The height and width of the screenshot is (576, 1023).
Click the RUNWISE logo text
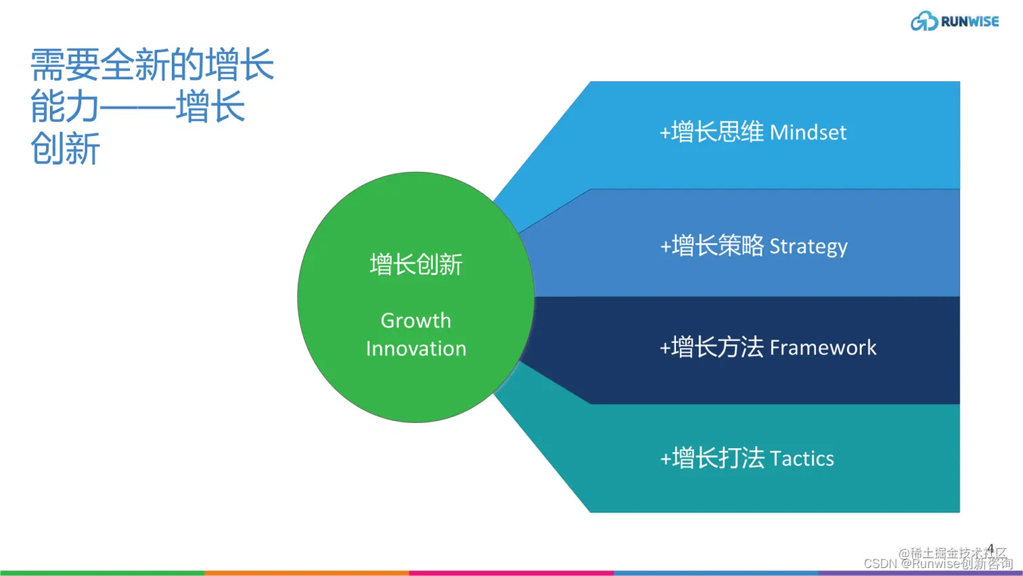point(969,22)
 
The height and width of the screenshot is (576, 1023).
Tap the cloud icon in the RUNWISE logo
point(924,22)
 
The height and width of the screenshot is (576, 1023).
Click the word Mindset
point(808,133)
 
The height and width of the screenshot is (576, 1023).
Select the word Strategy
point(809,246)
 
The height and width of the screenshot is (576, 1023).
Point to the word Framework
point(823,348)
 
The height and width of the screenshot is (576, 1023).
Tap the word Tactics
point(802,459)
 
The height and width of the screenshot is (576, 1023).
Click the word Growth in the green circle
point(415,320)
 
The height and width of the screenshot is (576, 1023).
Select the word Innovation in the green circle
point(415,349)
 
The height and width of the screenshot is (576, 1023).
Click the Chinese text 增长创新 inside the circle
point(415,265)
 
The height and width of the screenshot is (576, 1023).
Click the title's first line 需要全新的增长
point(152,65)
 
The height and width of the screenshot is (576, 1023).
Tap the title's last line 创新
point(65,149)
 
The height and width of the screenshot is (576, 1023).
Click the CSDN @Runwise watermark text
point(938,564)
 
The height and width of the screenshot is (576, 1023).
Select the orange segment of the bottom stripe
point(306,573)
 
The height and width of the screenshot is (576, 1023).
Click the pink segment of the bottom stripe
point(511,573)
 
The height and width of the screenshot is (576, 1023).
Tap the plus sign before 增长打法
point(665,459)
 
